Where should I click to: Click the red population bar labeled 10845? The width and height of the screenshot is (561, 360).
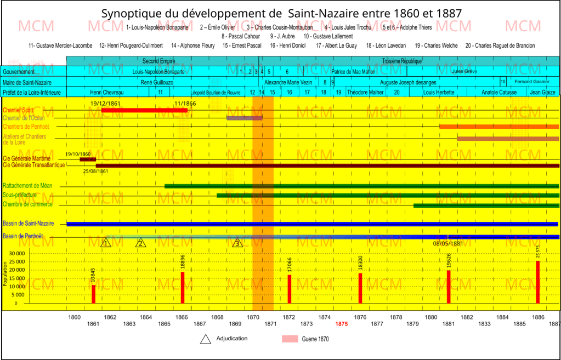(94, 294)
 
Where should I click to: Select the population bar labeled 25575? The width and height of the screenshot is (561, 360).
(538, 282)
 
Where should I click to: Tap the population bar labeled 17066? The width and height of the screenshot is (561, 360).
(290, 288)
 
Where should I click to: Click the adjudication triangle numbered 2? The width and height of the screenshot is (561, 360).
(141, 243)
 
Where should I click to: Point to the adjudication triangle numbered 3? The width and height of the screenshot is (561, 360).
(237, 243)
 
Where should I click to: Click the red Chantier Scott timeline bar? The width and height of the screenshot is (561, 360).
(144, 110)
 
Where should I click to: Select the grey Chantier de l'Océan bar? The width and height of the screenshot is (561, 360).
(244, 118)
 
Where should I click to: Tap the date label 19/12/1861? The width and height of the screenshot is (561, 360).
(106, 104)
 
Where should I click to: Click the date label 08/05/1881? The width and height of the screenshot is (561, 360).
(448, 244)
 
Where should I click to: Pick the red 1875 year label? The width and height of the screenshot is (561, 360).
(341, 324)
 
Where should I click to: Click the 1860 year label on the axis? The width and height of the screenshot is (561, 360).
(74, 317)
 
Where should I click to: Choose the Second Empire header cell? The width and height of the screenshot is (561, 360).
(158, 61)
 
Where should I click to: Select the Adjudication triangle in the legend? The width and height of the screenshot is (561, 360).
(206, 339)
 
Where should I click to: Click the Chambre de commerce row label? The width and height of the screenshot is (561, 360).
(28, 204)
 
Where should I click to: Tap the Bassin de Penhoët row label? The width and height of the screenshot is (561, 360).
(23, 236)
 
